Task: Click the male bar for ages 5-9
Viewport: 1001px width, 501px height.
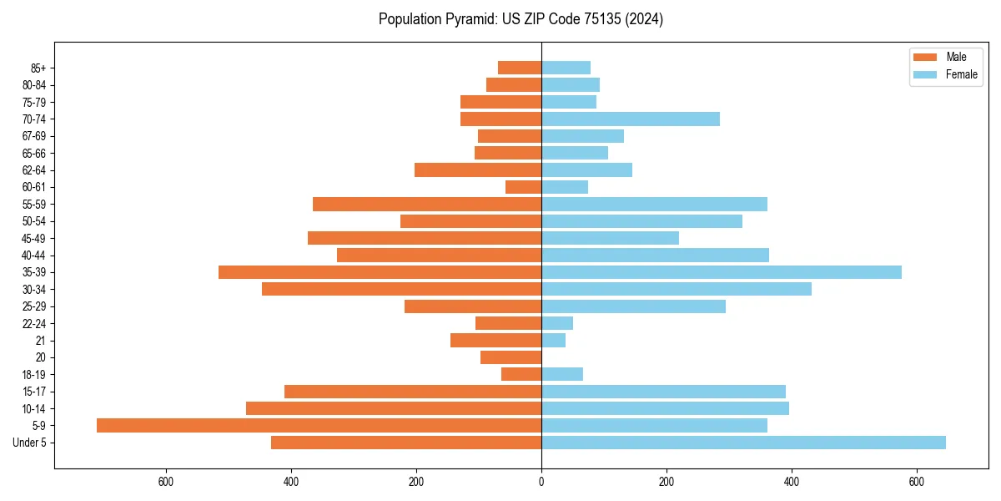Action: (x=319, y=425)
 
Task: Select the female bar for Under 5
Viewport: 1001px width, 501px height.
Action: (x=743, y=443)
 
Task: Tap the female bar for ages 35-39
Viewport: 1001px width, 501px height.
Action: (x=722, y=272)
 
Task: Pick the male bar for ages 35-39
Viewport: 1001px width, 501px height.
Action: (x=380, y=272)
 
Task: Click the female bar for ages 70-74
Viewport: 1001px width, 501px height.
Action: (x=631, y=119)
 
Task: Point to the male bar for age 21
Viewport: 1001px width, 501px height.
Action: (x=495, y=340)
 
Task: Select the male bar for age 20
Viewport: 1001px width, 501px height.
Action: (x=511, y=357)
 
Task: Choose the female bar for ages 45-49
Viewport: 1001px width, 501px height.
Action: (x=610, y=238)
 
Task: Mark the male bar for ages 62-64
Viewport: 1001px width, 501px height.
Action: (x=478, y=170)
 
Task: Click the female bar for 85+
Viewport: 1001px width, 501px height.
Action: (x=566, y=68)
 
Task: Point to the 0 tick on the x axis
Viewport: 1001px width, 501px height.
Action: (x=541, y=481)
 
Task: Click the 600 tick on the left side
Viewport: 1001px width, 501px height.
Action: (x=166, y=481)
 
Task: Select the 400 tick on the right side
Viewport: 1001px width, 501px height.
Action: (x=792, y=481)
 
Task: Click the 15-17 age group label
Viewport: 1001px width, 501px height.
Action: (x=34, y=392)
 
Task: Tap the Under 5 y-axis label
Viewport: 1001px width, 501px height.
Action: (x=29, y=443)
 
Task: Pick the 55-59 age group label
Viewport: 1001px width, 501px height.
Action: (x=34, y=204)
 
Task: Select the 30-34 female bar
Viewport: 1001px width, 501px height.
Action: (x=677, y=289)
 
